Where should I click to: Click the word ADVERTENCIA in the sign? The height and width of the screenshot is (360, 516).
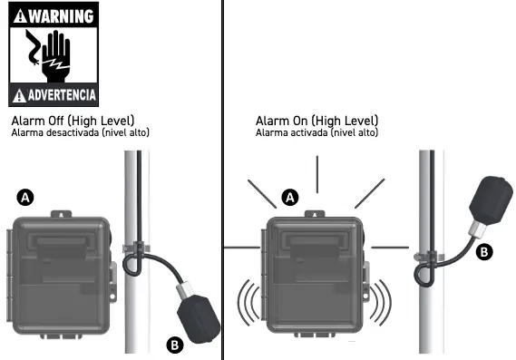60,94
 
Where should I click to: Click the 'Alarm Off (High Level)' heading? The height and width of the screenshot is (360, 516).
72,121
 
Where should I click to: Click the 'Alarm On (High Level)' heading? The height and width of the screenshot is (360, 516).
316,121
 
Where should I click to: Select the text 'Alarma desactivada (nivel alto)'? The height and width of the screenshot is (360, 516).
80,133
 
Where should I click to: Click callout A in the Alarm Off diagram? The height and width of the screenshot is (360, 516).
26,196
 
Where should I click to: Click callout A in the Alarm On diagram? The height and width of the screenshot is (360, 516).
290,196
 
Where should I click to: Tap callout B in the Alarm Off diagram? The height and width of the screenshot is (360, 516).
175,343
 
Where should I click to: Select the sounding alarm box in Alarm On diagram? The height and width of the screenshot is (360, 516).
315,277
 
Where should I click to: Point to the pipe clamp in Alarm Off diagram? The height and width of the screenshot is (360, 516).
135,247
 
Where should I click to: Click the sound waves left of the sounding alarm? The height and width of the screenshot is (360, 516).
246,304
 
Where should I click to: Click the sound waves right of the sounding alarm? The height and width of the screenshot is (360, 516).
382,304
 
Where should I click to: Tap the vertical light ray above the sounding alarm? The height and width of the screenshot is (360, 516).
316,174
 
